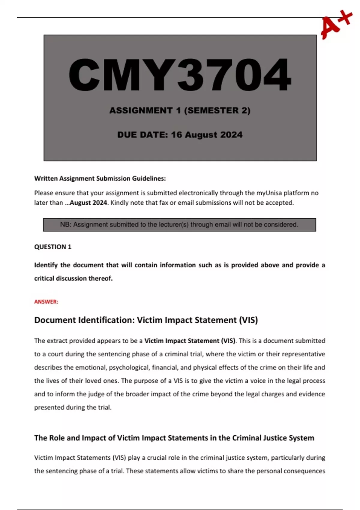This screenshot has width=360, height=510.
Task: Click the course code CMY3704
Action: (x=180, y=75)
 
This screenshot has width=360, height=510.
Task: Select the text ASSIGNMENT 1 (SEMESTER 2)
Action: (x=180, y=110)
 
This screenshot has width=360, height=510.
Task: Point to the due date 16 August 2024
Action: (x=207, y=135)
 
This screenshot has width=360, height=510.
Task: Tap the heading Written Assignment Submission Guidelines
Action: (x=100, y=178)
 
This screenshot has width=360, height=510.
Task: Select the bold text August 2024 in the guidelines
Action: (x=88, y=203)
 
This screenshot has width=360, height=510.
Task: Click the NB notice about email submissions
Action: (x=179, y=225)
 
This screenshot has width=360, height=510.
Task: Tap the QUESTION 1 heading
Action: (x=53, y=247)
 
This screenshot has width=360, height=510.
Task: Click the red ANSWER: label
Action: (x=46, y=302)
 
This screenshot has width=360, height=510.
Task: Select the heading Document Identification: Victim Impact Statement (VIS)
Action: (x=146, y=320)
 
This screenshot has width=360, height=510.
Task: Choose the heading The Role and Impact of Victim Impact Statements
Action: (x=174, y=438)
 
